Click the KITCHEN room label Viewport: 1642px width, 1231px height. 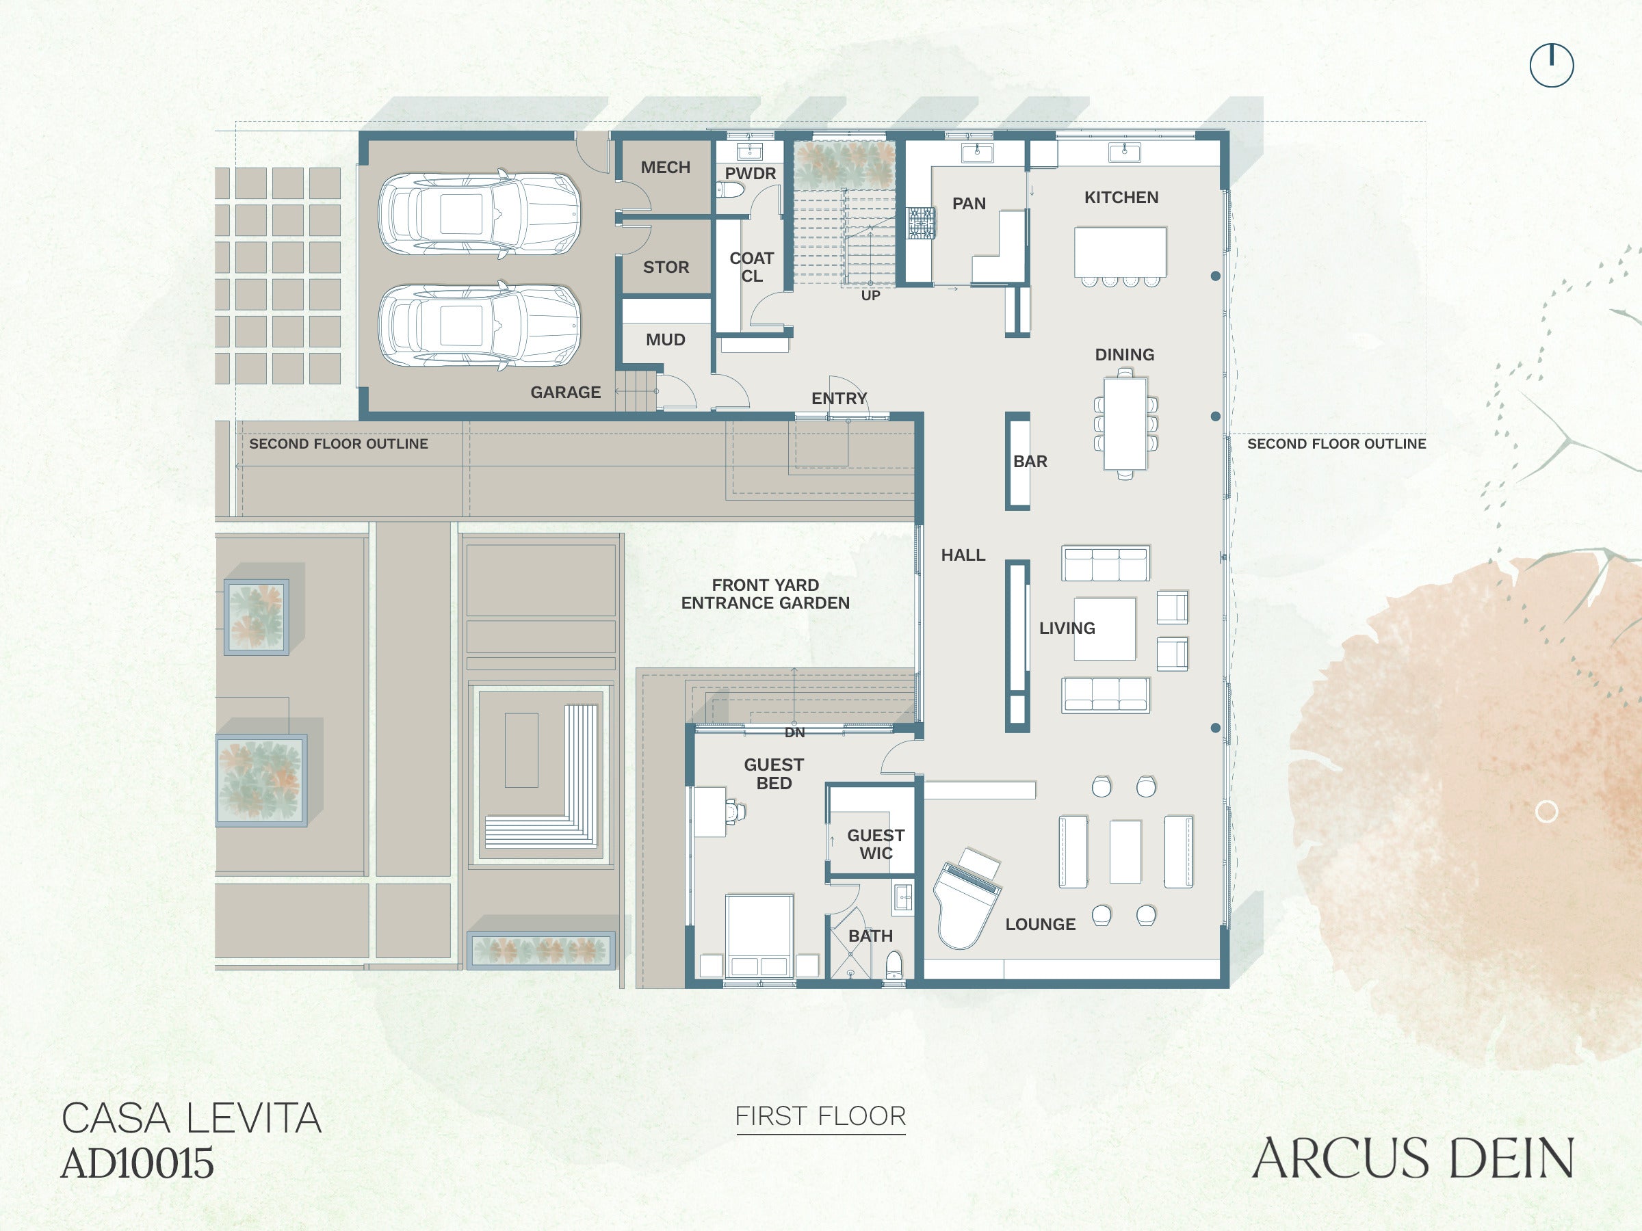(1121, 198)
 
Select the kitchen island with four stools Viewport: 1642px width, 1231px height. (1120, 252)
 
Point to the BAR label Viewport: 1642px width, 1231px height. (1030, 462)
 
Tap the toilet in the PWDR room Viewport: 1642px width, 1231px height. (731, 191)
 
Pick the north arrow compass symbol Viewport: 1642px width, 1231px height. (1552, 65)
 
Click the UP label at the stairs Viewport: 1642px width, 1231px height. (871, 295)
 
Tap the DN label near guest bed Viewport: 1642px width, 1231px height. (794, 732)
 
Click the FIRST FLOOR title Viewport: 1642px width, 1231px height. (820, 1117)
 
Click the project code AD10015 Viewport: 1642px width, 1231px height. (138, 1163)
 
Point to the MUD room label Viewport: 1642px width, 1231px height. (665, 340)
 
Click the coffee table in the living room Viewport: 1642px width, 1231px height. (1104, 629)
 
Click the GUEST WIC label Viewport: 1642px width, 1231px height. (876, 845)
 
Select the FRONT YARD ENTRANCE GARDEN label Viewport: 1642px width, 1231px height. (766, 594)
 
